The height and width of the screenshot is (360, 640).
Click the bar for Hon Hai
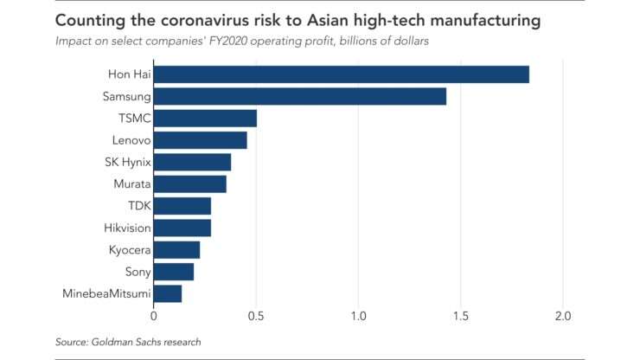(x=341, y=74)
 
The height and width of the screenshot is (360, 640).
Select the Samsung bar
(x=299, y=96)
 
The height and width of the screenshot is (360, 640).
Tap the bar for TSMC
(x=205, y=119)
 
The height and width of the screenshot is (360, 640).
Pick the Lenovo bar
(x=200, y=140)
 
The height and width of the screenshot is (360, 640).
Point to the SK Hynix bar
(x=192, y=162)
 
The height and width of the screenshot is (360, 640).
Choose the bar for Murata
(x=189, y=184)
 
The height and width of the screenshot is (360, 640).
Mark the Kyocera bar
(x=176, y=250)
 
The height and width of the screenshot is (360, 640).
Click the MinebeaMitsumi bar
(x=168, y=294)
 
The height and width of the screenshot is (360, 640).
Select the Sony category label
(x=138, y=273)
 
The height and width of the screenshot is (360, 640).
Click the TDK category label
(x=138, y=206)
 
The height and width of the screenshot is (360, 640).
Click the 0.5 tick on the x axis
(x=256, y=314)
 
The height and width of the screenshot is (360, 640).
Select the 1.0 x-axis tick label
(x=358, y=314)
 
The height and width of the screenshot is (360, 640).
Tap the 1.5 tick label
(x=461, y=314)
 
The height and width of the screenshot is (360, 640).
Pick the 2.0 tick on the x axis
(x=563, y=314)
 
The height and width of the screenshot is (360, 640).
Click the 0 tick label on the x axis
(x=153, y=314)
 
